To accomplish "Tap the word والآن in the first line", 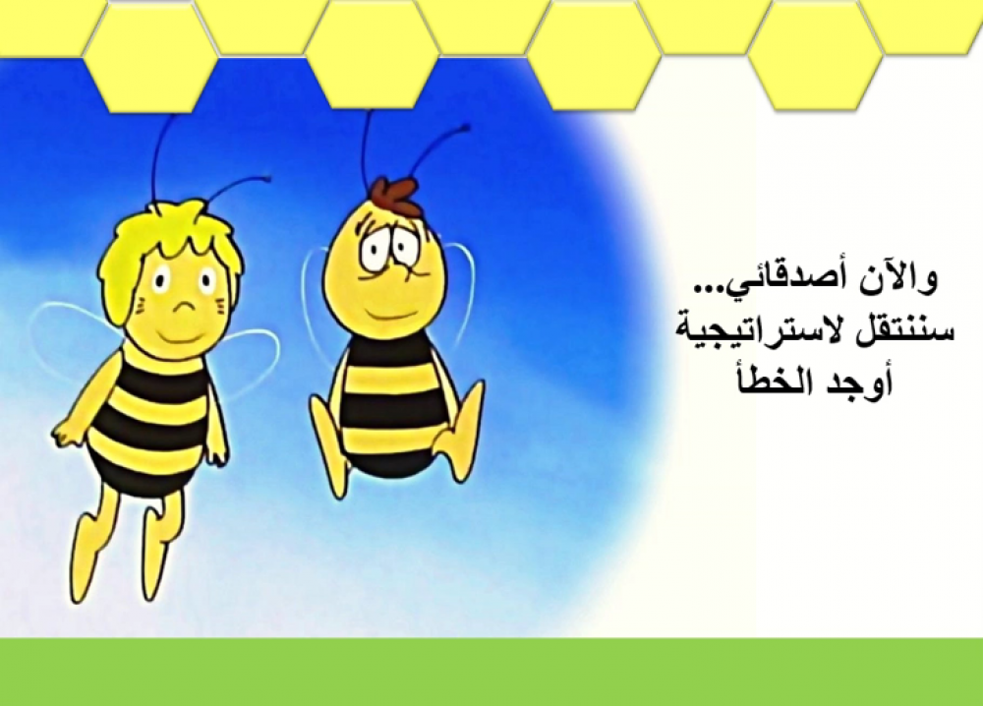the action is [x=898, y=279].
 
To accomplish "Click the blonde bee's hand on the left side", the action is [x=64, y=432].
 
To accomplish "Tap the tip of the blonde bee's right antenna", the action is [x=268, y=178].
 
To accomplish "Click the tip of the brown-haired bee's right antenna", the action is [x=466, y=129].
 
